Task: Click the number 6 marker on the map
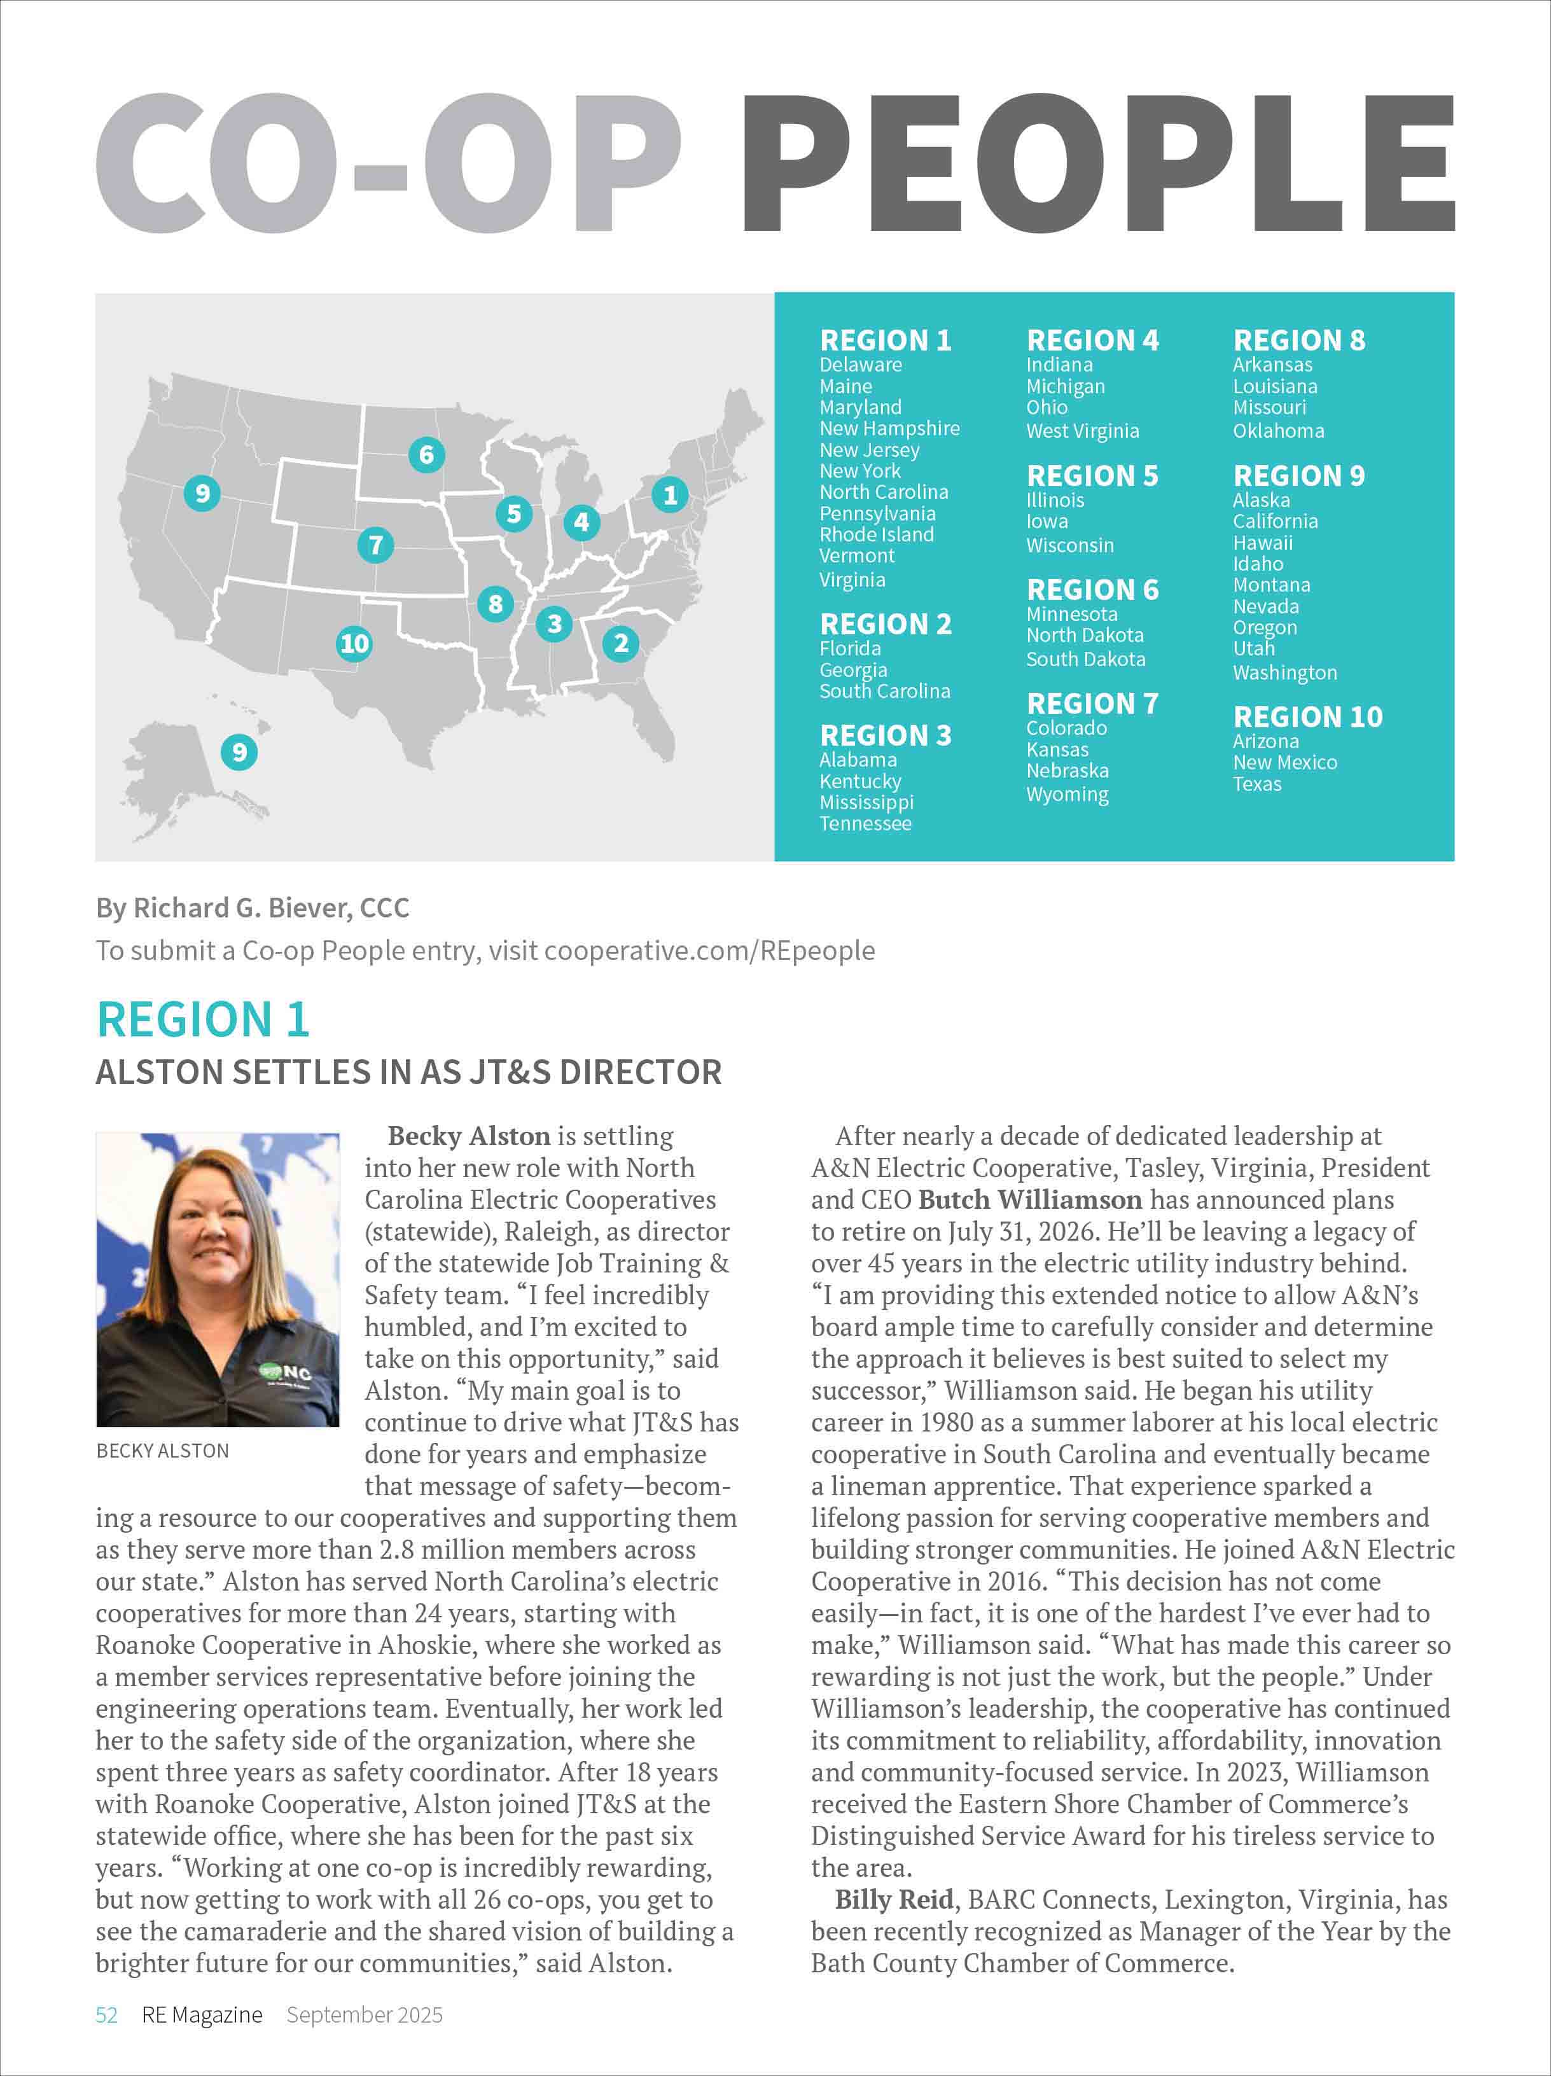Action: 426,455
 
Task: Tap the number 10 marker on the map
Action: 354,644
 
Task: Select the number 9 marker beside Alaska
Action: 239,752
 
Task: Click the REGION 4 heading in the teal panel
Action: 1092,340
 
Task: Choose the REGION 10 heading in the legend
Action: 1307,717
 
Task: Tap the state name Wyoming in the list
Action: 1067,795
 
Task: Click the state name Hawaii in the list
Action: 1262,543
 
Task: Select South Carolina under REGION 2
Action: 884,692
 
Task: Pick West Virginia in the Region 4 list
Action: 1082,431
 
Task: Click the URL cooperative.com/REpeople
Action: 709,951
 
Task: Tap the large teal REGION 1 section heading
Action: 203,1020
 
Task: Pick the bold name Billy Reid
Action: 893,1900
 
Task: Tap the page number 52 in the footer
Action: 106,2015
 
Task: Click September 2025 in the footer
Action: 364,2015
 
